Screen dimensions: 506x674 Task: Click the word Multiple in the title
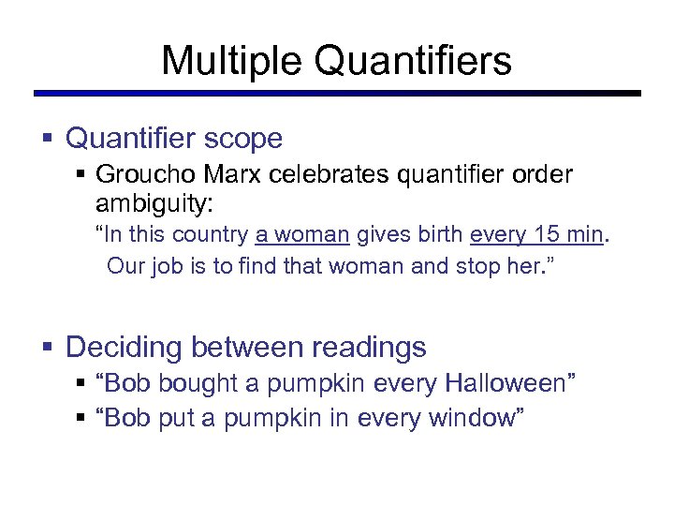(231, 62)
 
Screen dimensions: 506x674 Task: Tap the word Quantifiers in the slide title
(413, 62)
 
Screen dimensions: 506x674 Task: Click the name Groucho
(144, 175)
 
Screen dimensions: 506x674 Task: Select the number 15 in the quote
(547, 234)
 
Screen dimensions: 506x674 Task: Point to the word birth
(439, 234)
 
